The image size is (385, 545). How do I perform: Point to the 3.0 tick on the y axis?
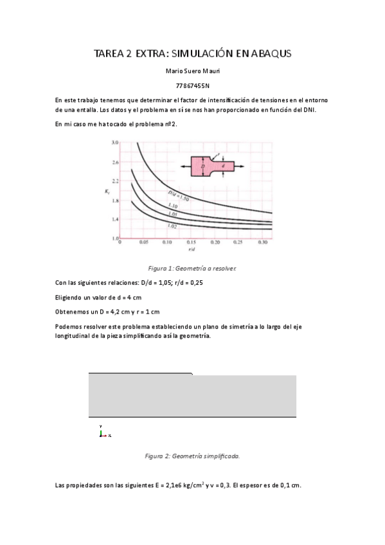(115, 142)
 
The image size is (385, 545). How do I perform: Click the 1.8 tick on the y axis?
(115, 201)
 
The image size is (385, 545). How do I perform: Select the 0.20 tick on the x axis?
(215, 243)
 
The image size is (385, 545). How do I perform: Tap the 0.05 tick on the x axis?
(144, 243)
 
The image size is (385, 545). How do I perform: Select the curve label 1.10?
(172, 206)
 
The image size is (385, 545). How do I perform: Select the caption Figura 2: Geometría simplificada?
(192, 456)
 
